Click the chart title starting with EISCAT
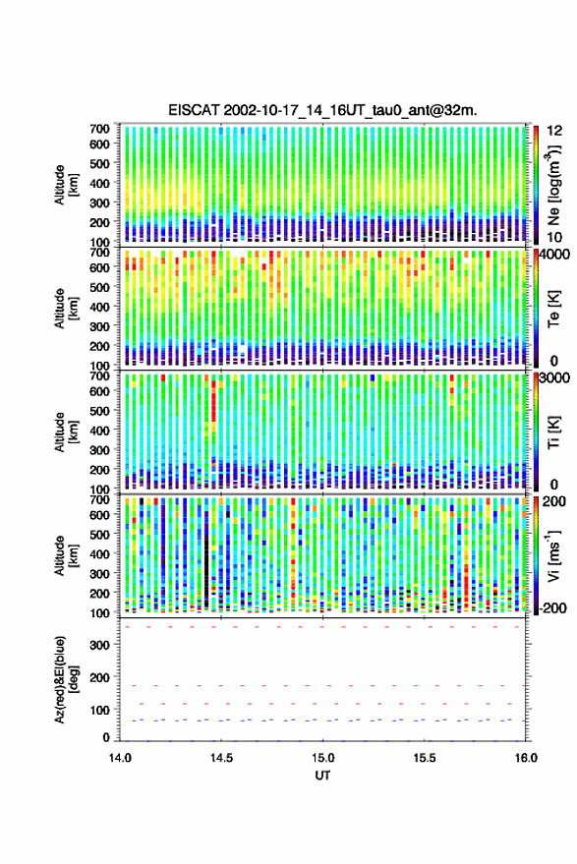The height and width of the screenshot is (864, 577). pyautogui.click(x=323, y=110)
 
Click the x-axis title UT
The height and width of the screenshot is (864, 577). pyautogui.click(x=323, y=776)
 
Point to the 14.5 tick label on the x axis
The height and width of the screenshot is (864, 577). pyautogui.click(x=221, y=758)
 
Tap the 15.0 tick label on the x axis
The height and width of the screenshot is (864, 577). pyautogui.click(x=323, y=758)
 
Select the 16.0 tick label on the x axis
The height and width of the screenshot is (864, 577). pyautogui.click(x=526, y=758)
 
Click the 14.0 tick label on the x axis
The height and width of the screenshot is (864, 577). pyautogui.click(x=120, y=758)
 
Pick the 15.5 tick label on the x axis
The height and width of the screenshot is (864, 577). pyautogui.click(x=425, y=758)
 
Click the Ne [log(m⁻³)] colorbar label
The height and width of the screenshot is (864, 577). pyautogui.click(x=554, y=184)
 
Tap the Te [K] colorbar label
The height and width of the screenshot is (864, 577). pyautogui.click(x=553, y=309)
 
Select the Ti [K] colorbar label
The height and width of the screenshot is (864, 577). pyautogui.click(x=553, y=432)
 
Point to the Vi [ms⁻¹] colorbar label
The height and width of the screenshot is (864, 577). pyautogui.click(x=553, y=555)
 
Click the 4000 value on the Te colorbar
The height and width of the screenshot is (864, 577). pyautogui.click(x=555, y=255)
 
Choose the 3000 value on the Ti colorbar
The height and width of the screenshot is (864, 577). pyautogui.click(x=555, y=378)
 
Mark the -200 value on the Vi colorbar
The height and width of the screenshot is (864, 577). pyautogui.click(x=553, y=608)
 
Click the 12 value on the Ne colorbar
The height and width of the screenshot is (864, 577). pyautogui.click(x=555, y=131)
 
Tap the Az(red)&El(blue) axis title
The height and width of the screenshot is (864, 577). pyautogui.click(x=66, y=679)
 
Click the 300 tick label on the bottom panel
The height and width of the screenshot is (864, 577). pyautogui.click(x=99, y=645)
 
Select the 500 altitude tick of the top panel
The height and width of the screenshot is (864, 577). pyautogui.click(x=99, y=163)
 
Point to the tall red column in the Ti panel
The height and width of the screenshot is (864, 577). pyautogui.click(x=213, y=406)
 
